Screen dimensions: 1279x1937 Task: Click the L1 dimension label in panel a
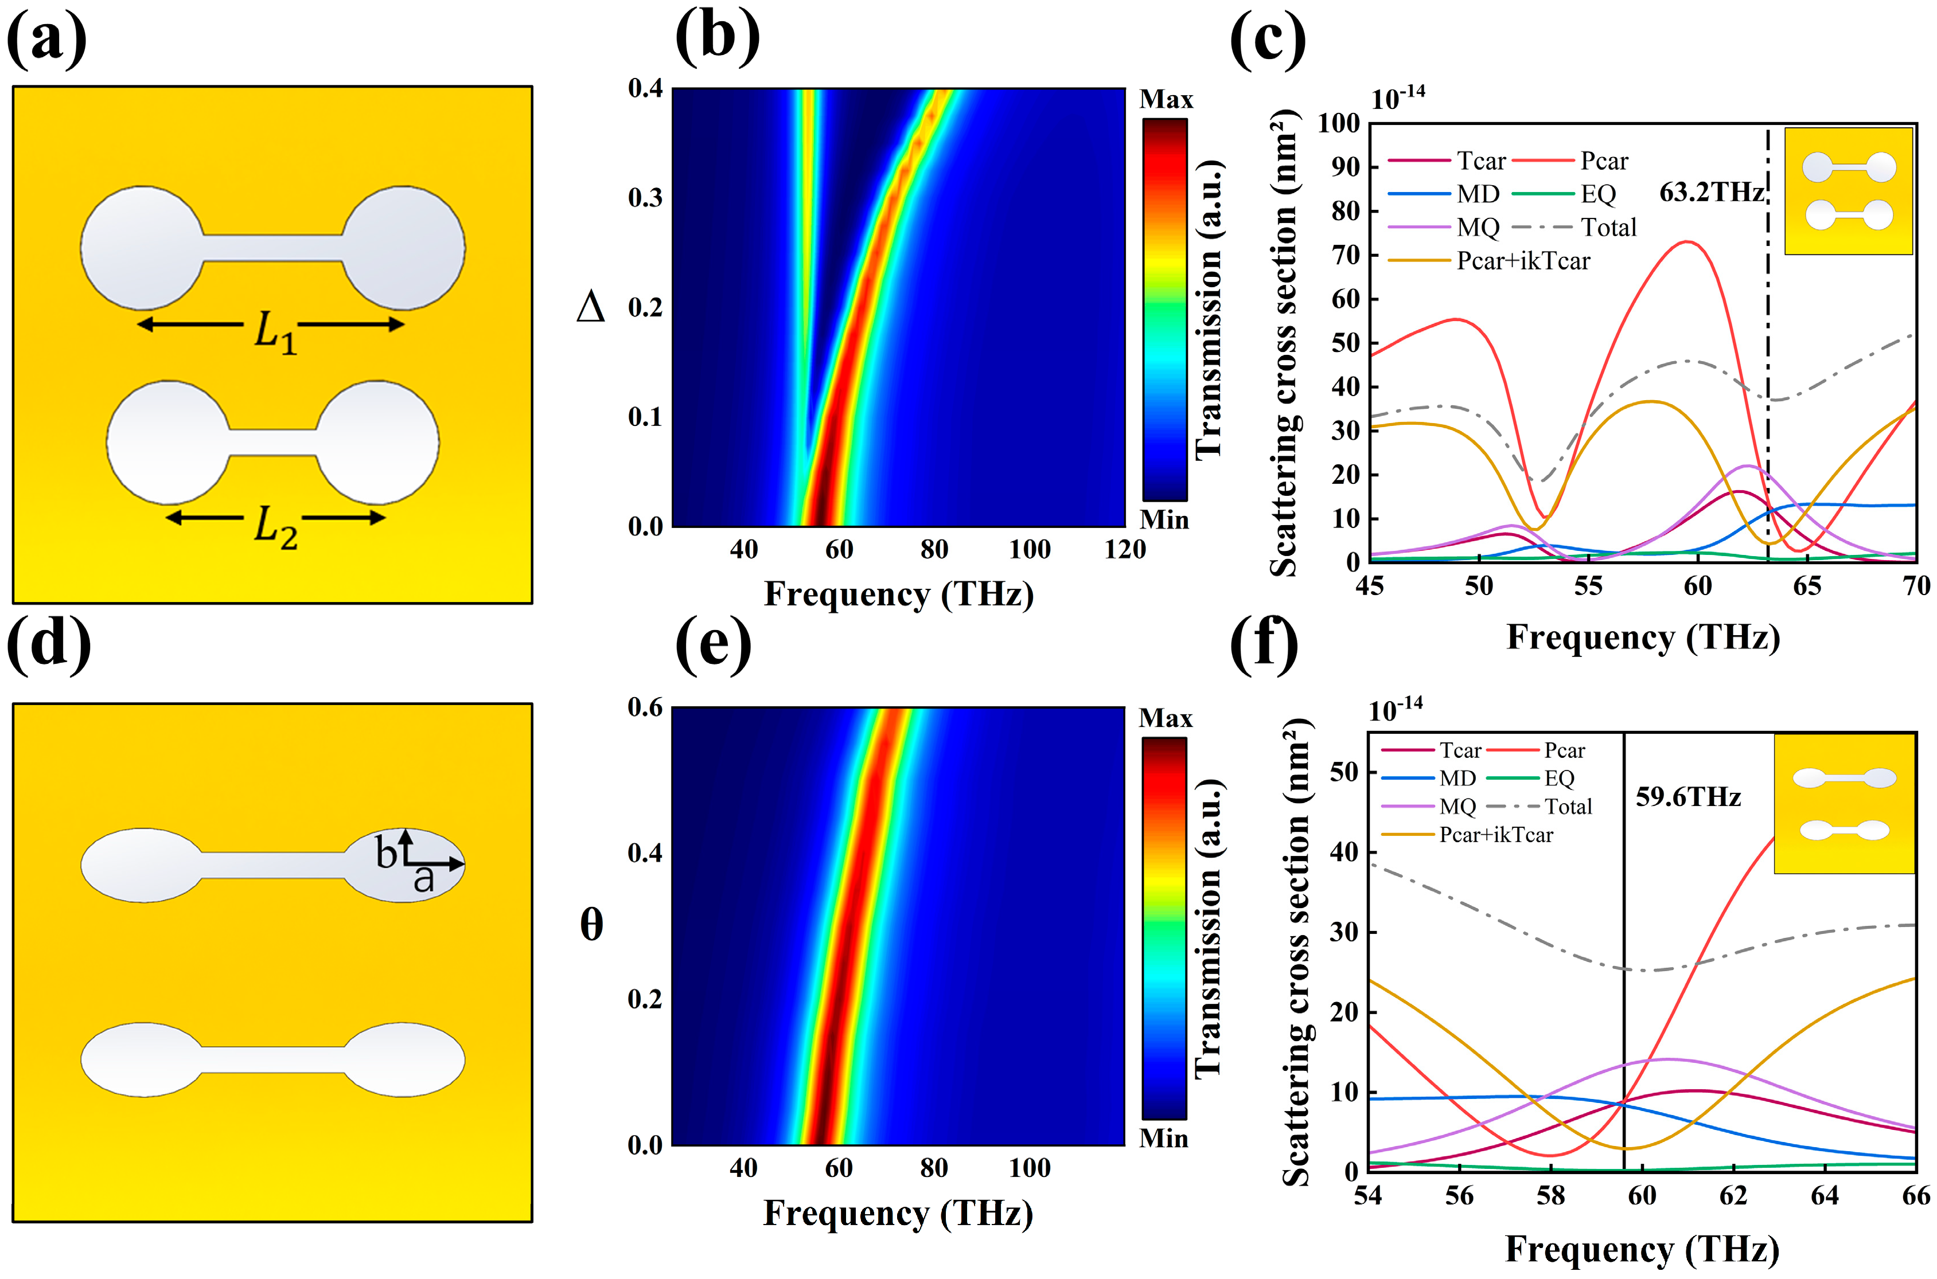tap(275, 332)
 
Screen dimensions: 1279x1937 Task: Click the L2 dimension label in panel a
tap(275, 526)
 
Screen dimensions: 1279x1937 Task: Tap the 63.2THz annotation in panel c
tap(1711, 193)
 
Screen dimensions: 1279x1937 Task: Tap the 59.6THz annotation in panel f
tap(1687, 797)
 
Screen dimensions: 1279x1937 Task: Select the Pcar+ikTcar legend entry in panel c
tap(1522, 261)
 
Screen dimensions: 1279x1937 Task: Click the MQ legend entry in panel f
tap(1457, 807)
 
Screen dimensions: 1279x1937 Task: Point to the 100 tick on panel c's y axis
tap(1339, 124)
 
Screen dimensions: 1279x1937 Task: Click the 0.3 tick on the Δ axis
tap(645, 198)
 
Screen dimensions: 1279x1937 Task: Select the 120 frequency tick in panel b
tap(1124, 550)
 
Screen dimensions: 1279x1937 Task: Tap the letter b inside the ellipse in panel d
tap(386, 854)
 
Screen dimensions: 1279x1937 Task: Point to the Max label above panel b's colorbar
tap(1166, 100)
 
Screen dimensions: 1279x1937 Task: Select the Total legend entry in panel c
tap(1608, 228)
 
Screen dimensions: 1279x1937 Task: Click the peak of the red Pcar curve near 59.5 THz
tap(1685, 241)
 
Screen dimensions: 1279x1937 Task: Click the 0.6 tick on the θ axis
tap(645, 707)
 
